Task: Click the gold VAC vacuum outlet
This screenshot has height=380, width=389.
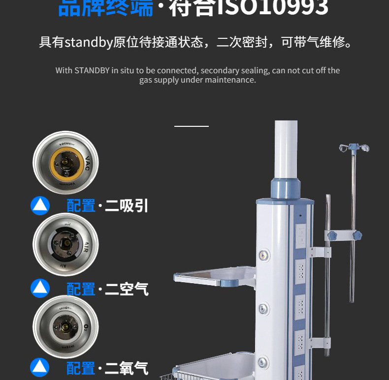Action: pos(65,162)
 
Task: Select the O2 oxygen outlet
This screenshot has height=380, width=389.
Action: pos(65,326)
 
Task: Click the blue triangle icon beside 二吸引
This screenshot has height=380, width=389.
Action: pos(40,205)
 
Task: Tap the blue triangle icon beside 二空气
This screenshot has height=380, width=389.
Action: pos(40,288)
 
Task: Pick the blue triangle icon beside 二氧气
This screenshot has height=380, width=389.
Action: pos(40,367)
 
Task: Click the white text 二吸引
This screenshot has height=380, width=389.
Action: pos(126,205)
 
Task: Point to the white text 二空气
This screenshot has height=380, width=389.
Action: pos(126,289)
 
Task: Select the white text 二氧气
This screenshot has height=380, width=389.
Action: pos(126,368)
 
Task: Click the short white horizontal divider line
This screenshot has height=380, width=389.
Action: pos(191,126)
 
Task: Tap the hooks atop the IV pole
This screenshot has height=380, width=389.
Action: pos(354,147)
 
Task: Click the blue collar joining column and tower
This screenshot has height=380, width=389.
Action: pos(285,188)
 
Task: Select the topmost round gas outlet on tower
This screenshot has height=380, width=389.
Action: pos(264,255)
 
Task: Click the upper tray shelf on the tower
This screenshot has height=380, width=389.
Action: pos(214,276)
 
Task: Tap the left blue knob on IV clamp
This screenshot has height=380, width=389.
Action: pos(332,236)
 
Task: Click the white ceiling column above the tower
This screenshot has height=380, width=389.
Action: pos(286,150)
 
